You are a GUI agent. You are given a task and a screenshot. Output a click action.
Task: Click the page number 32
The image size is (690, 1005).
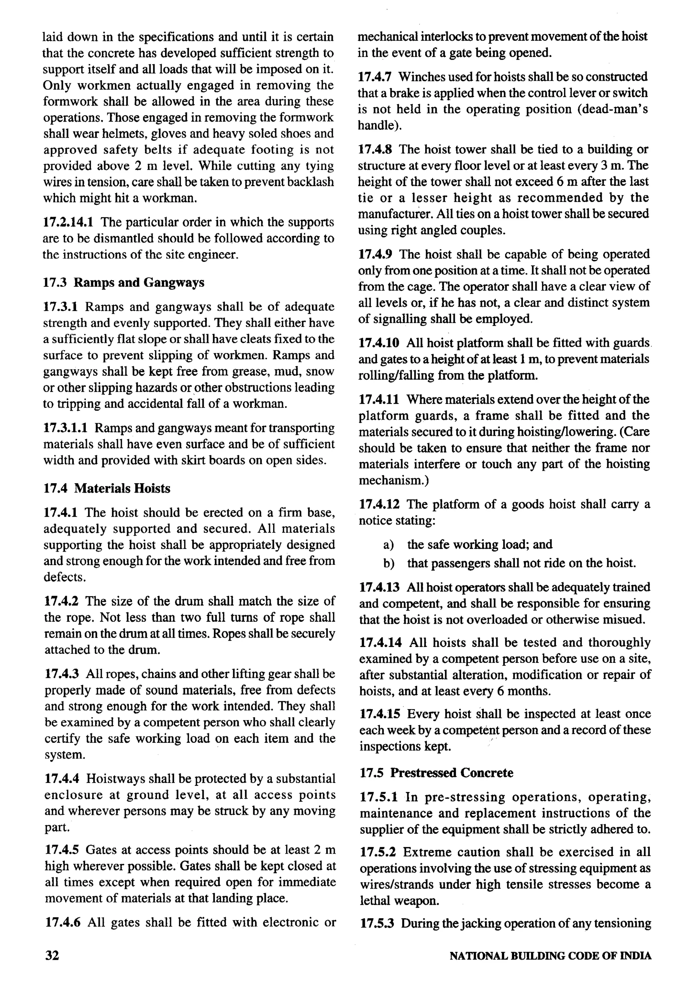click(52, 955)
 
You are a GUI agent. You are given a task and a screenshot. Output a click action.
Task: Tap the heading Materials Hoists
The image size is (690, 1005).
click(122, 488)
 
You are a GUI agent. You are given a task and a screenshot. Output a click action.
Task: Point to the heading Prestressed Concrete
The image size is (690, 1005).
click(451, 773)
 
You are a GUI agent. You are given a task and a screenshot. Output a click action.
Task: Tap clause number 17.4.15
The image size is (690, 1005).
click(379, 714)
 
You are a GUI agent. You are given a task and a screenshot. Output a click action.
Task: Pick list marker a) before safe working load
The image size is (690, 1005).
click(388, 544)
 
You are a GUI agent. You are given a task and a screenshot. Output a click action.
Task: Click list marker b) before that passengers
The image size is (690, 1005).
click(388, 563)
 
